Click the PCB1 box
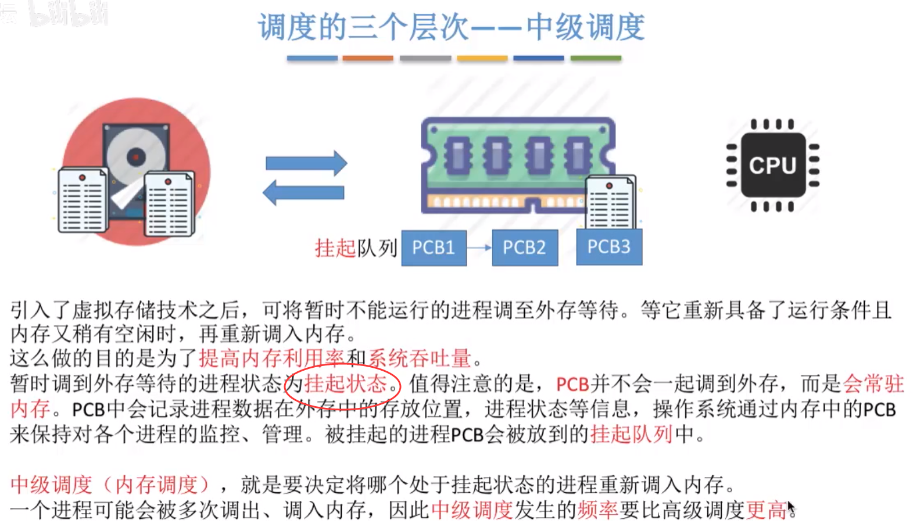(x=434, y=248)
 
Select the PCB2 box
(x=524, y=248)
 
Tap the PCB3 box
(x=608, y=247)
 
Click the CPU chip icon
(x=772, y=166)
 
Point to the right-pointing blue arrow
(x=306, y=163)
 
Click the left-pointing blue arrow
(x=303, y=192)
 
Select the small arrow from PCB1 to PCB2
(x=479, y=248)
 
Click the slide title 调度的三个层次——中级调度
(x=451, y=27)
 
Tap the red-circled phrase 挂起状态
(x=345, y=384)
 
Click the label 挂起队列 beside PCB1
(x=356, y=248)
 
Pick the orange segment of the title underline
(x=368, y=58)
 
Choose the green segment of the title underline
(x=596, y=58)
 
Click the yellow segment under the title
(x=482, y=58)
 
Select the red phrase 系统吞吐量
(x=419, y=358)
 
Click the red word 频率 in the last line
(x=597, y=510)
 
